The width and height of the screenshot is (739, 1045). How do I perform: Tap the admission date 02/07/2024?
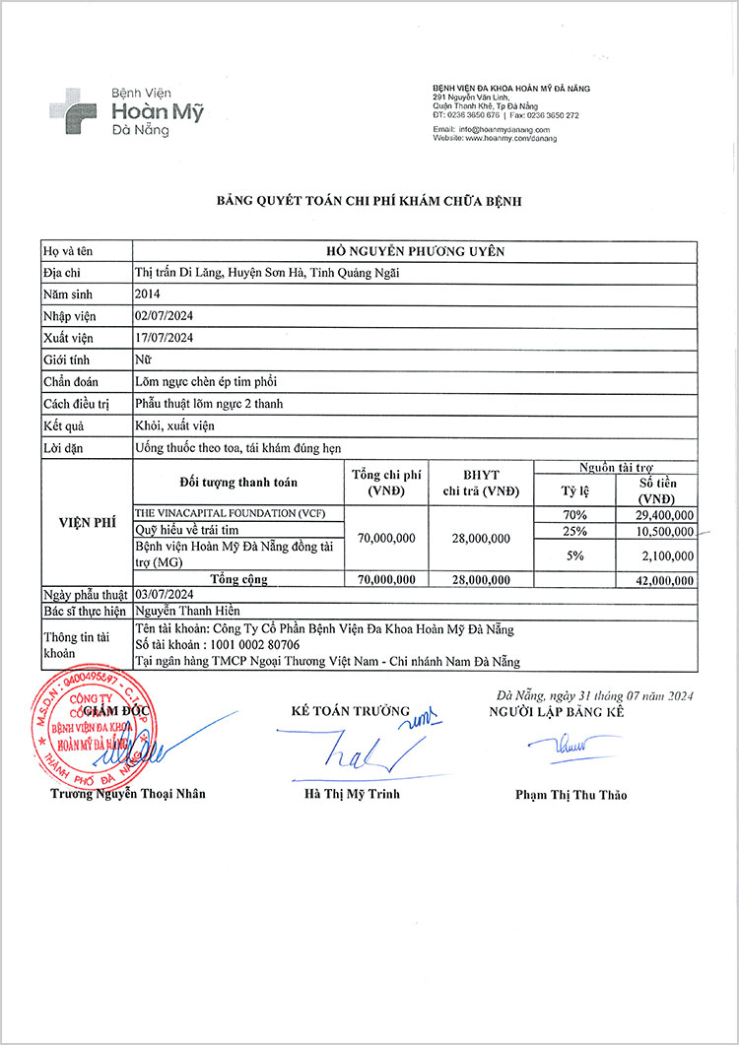pos(164,315)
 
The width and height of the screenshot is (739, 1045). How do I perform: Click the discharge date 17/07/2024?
pos(164,337)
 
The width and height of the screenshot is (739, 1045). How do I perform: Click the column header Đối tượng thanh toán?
pos(238,483)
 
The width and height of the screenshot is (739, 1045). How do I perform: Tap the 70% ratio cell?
pos(573,515)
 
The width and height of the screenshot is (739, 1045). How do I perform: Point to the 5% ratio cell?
pos(573,555)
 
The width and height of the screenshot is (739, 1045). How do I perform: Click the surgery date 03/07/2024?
pos(164,595)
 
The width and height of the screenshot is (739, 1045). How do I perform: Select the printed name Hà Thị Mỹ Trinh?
pos(352,794)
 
